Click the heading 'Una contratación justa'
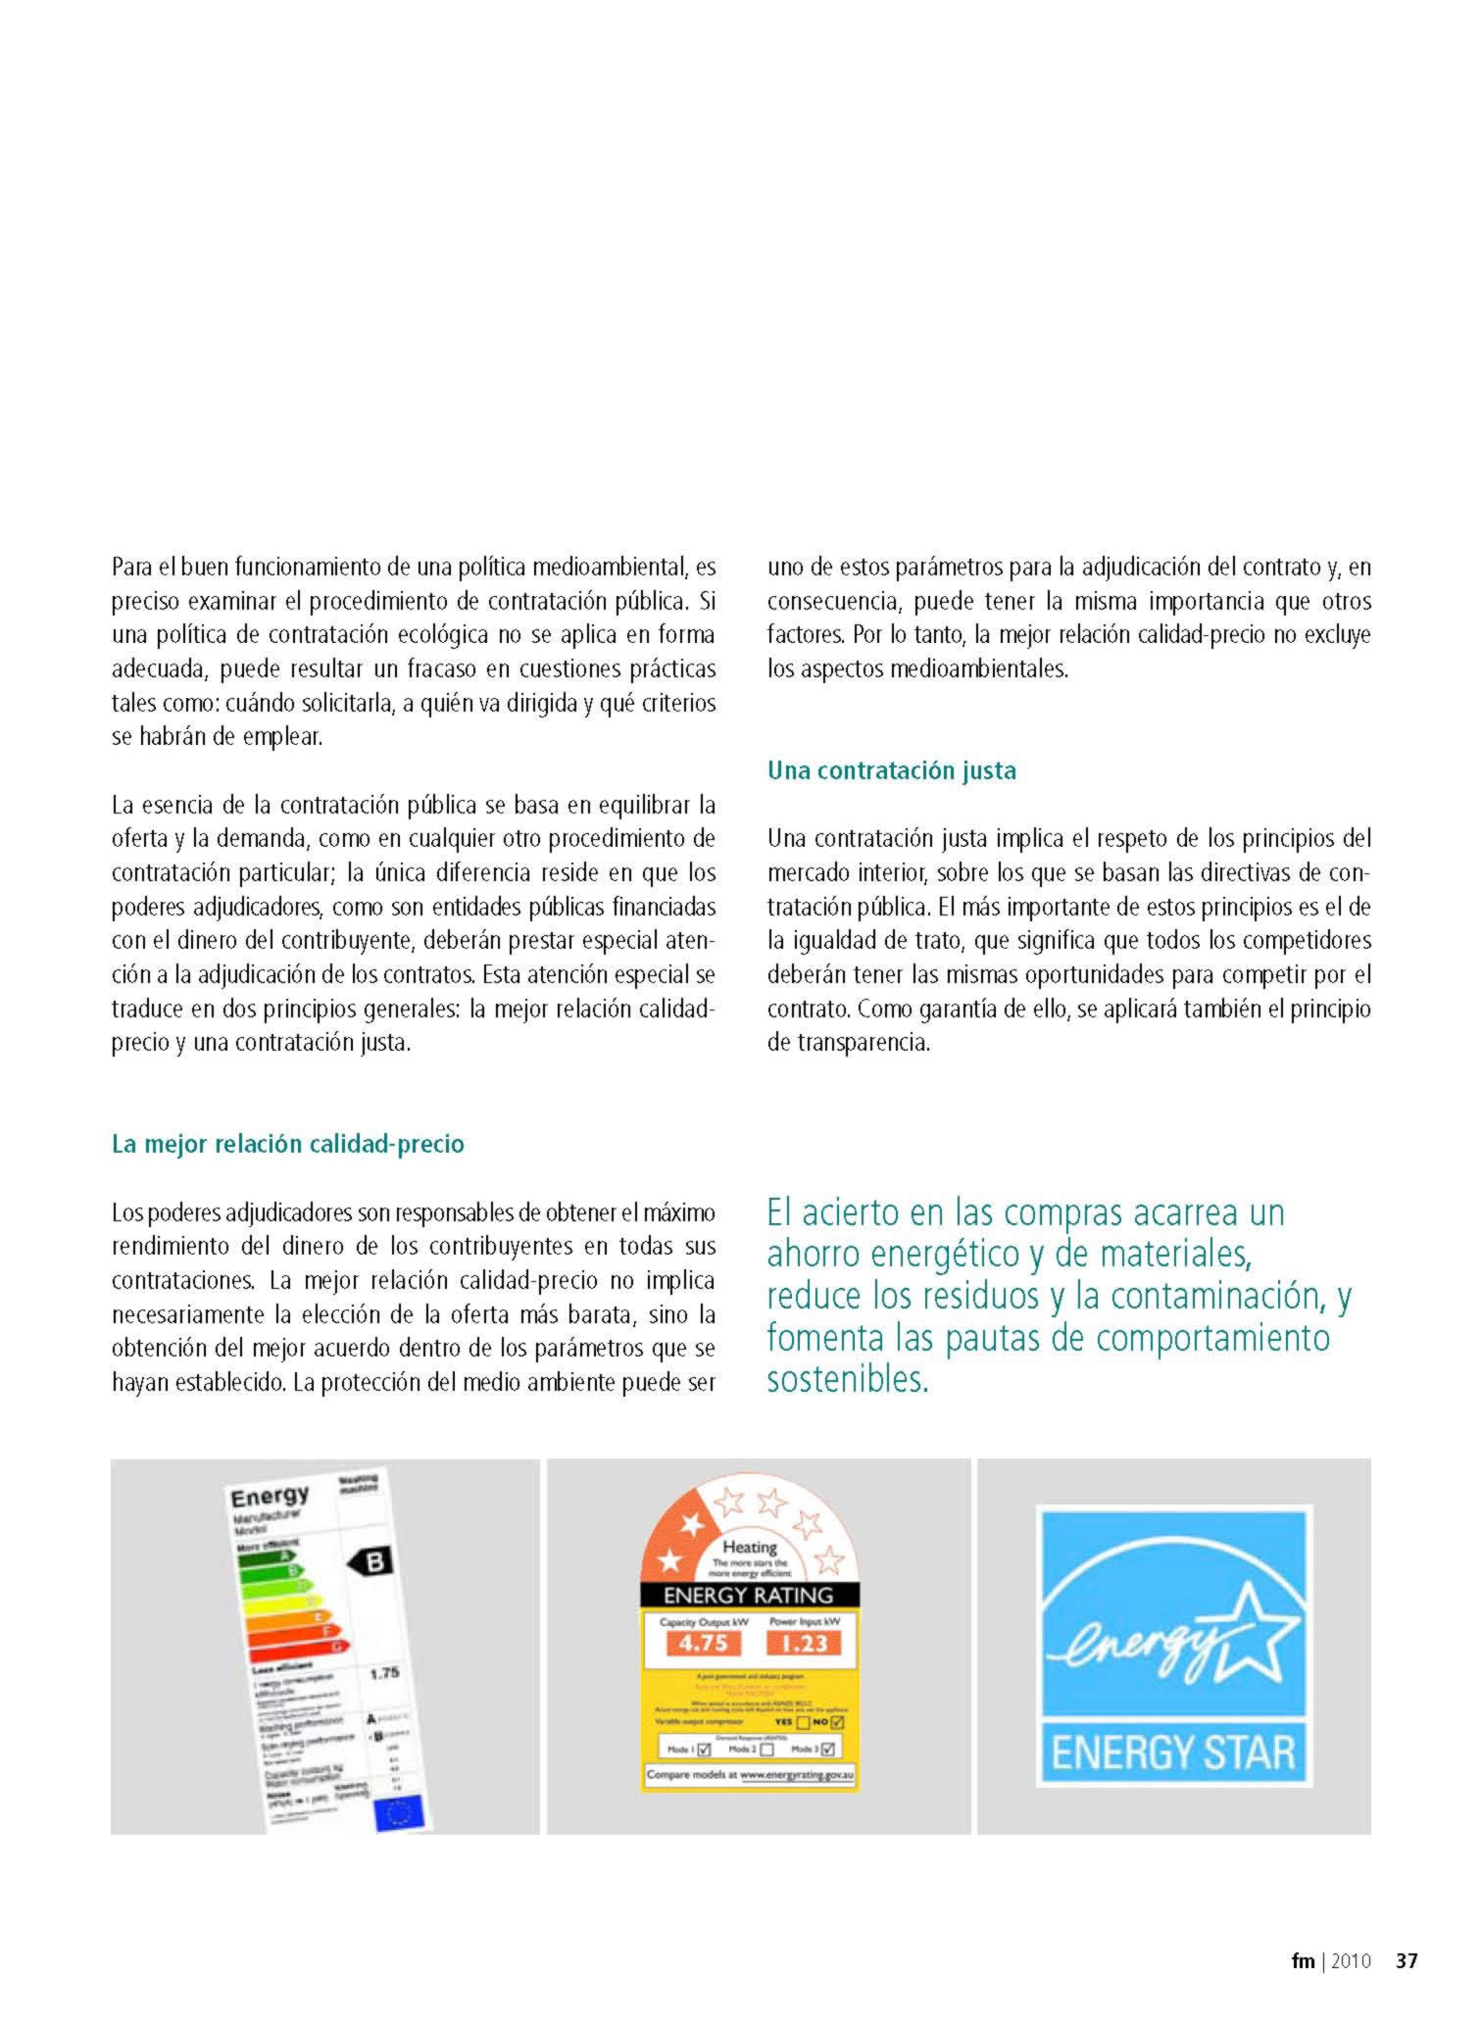tap(891, 770)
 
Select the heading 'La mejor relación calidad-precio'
tap(287, 1144)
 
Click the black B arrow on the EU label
tap(371, 1561)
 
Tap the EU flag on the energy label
tap(400, 1813)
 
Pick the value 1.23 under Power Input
tap(806, 1643)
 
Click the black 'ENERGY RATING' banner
tap(749, 1596)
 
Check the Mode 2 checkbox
tap(767, 1750)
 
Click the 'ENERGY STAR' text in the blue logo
tap(1173, 1752)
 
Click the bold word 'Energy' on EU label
tap(270, 1497)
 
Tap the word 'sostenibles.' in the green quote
tap(847, 1380)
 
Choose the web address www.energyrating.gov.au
tap(797, 1775)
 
